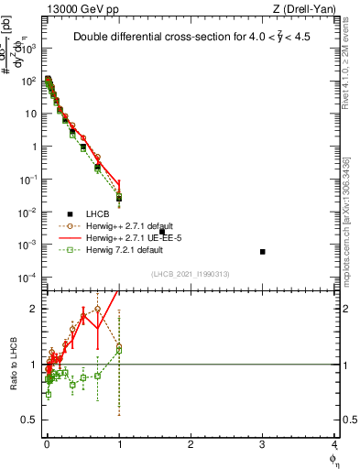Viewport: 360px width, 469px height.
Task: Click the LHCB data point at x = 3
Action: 263,251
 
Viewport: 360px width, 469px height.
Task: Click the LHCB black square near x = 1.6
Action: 162,232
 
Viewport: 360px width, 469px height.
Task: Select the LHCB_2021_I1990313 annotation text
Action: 191,275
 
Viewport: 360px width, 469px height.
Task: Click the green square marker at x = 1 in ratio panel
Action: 118,349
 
